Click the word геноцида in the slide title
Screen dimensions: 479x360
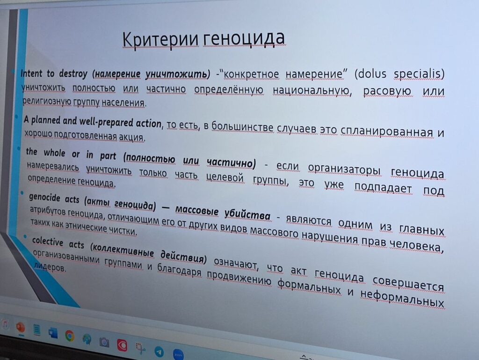click(x=243, y=38)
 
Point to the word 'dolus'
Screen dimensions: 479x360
click(x=370, y=74)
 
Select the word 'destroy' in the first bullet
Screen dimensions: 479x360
click(x=73, y=73)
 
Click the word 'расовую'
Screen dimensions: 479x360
click(x=387, y=91)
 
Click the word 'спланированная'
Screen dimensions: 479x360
click(x=386, y=132)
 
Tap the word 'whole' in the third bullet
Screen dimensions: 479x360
click(x=54, y=153)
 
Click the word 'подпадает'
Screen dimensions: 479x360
click(x=383, y=188)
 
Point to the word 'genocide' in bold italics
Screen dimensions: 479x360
click(x=44, y=198)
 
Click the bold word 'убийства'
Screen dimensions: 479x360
click(x=247, y=215)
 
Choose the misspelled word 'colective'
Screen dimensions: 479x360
click(x=47, y=242)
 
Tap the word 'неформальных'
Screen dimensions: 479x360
click(x=402, y=298)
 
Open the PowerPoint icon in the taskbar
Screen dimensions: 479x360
click(x=21, y=328)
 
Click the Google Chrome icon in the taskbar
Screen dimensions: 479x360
click(x=70, y=336)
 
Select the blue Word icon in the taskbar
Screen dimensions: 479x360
click(x=53, y=333)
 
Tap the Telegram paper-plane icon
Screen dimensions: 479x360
click(x=159, y=352)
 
